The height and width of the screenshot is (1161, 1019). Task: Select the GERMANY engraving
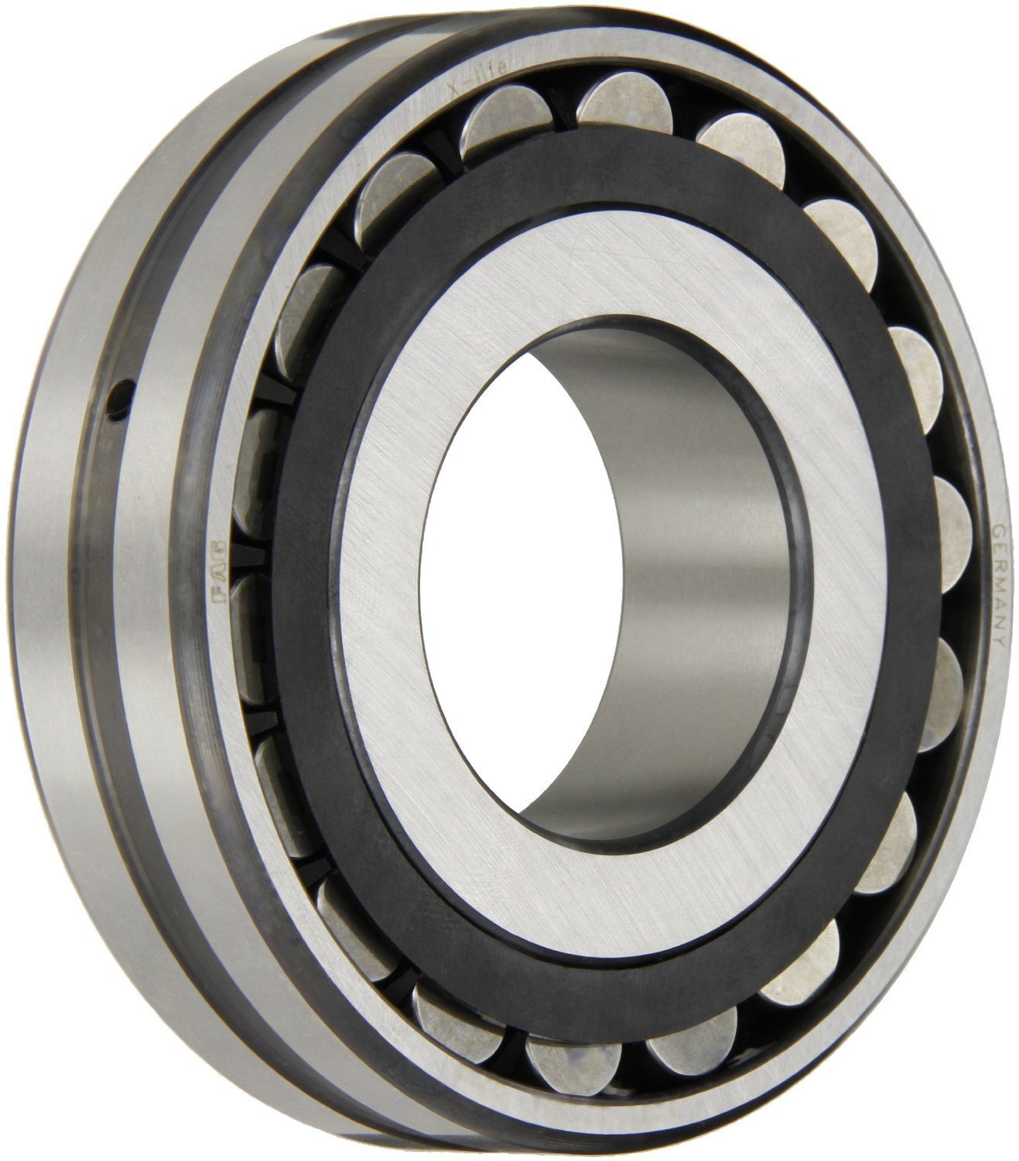coord(999,580)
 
